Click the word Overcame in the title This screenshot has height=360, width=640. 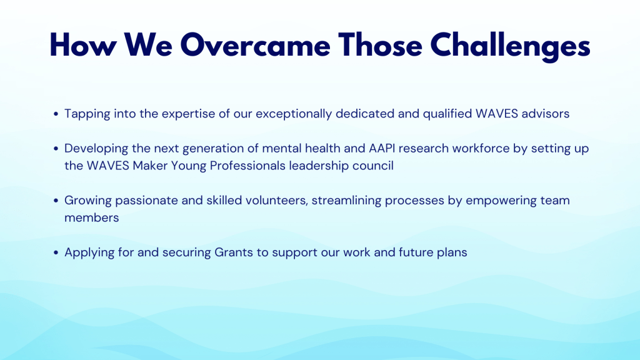tap(255, 45)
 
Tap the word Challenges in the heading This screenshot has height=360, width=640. tap(510, 46)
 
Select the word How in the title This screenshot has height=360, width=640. tap(83, 45)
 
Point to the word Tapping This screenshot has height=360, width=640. tap(87, 114)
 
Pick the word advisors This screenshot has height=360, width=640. tap(545, 114)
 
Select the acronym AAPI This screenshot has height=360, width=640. tap(382, 148)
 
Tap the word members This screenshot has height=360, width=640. tap(92, 218)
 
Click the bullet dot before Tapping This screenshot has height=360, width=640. tap(56, 114)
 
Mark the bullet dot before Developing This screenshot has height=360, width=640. tap(56, 149)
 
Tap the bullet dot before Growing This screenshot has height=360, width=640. tap(56, 201)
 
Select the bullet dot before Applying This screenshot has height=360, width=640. tap(56, 252)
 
